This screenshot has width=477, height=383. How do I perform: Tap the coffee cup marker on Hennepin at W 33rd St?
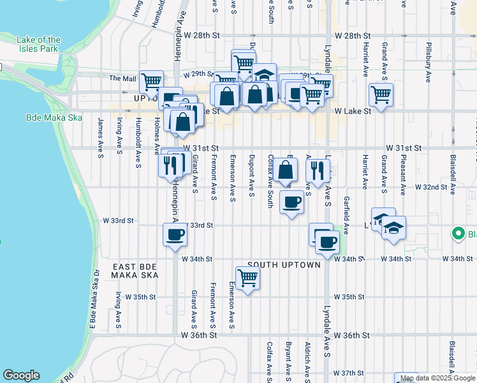coord(175,235)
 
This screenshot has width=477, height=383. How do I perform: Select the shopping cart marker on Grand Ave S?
coord(381,95)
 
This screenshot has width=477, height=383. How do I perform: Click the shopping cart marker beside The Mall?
coord(151,82)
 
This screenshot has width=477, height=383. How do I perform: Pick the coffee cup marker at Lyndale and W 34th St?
coord(328,243)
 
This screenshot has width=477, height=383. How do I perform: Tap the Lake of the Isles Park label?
coord(39,44)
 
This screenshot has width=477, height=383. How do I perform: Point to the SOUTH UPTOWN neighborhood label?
coord(284,264)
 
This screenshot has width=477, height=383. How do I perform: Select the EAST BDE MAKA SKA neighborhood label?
coord(135,271)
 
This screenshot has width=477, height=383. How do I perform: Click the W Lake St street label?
coord(353,111)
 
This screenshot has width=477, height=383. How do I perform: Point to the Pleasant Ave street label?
coord(403,174)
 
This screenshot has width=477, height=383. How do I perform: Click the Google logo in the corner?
coord(21,375)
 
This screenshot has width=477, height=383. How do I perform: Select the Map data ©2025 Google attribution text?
coord(437,378)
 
